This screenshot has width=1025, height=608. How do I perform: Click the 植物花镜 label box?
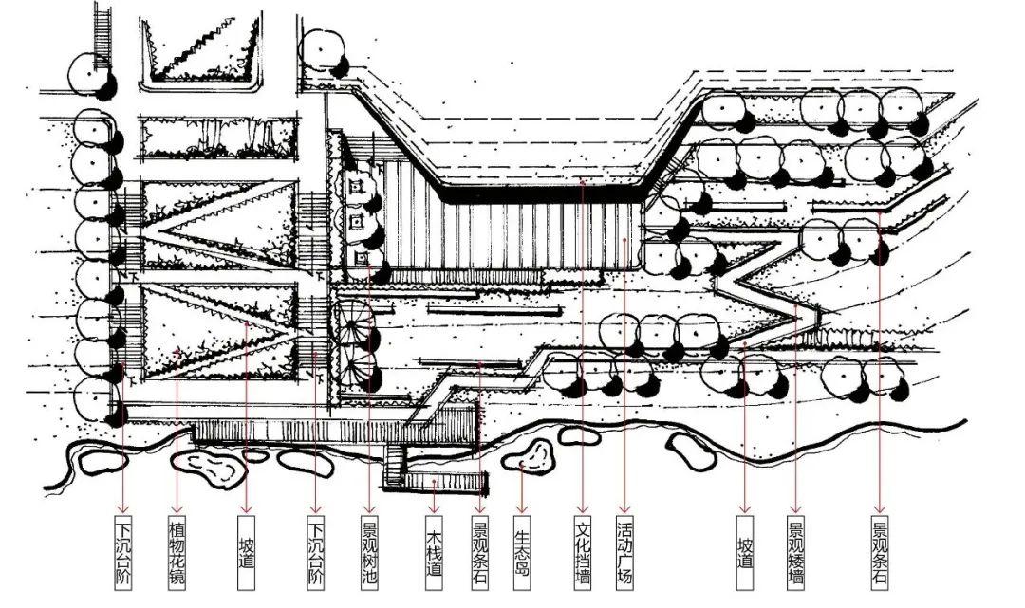177,552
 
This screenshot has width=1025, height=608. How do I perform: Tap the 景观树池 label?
369,552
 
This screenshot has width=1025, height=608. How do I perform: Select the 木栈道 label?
434,552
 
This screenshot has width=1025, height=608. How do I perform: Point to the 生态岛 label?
522,552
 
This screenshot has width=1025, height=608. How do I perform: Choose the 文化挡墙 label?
583,552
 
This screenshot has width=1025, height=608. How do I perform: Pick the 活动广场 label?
624,552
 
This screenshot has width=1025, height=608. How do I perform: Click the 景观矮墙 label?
795,552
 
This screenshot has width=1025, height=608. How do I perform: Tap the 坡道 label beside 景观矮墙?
745,552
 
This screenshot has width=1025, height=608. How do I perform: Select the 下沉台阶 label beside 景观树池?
316,552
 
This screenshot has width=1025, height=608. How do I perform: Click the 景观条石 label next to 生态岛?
480,552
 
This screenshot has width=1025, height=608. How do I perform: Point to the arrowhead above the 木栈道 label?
434,508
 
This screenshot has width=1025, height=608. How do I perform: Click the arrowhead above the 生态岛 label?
522,508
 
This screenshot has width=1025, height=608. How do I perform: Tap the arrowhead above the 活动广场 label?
624,508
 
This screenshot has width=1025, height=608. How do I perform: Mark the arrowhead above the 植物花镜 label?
177,508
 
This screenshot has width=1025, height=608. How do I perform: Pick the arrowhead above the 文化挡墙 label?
583,508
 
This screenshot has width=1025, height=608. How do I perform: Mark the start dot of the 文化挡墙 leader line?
583,182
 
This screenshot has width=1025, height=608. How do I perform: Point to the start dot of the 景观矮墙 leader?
795,303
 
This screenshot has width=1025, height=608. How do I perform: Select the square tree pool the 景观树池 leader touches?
362,258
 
